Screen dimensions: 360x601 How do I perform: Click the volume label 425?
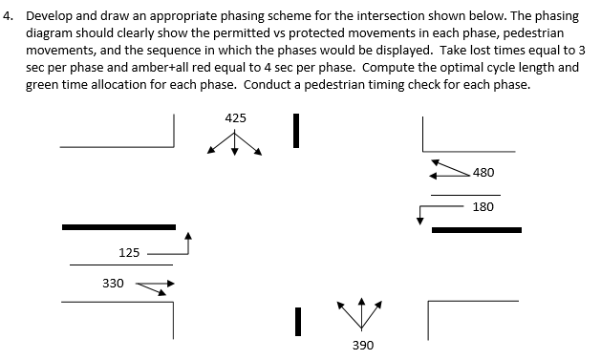pyautogui.click(x=235, y=118)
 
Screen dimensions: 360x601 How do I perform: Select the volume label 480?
pyautogui.click(x=483, y=173)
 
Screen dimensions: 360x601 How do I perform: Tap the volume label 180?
pyautogui.click(x=483, y=206)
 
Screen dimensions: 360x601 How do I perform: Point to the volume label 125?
pyautogui.click(x=129, y=252)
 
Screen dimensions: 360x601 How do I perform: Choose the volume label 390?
pyautogui.click(x=363, y=344)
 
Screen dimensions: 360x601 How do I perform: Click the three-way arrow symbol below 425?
pyautogui.click(x=234, y=144)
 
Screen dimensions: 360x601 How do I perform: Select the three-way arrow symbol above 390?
pyautogui.click(x=362, y=310)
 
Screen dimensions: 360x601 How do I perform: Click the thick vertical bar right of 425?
pyautogui.click(x=297, y=131)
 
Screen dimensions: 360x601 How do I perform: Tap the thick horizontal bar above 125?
pyautogui.click(x=118, y=227)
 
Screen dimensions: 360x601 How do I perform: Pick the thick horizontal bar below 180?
pyautogui.click(x=477, y=230)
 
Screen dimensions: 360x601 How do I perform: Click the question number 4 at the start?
pyautogui.click(x=8, y=15)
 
